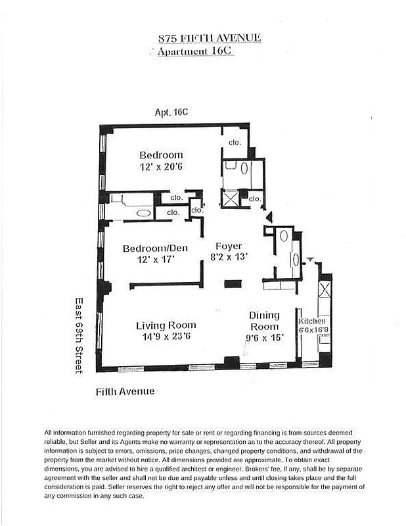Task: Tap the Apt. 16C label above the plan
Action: point(171,112)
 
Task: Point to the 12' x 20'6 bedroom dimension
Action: point(160,167)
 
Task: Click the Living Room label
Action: point(166,325)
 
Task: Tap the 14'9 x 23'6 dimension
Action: point(166,337)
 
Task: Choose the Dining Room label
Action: point(263,321)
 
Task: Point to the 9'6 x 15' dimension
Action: point(264,338)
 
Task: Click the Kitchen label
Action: point(313,321)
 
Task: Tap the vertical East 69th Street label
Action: point(78,335)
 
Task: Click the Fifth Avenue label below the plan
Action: point(125,391)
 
